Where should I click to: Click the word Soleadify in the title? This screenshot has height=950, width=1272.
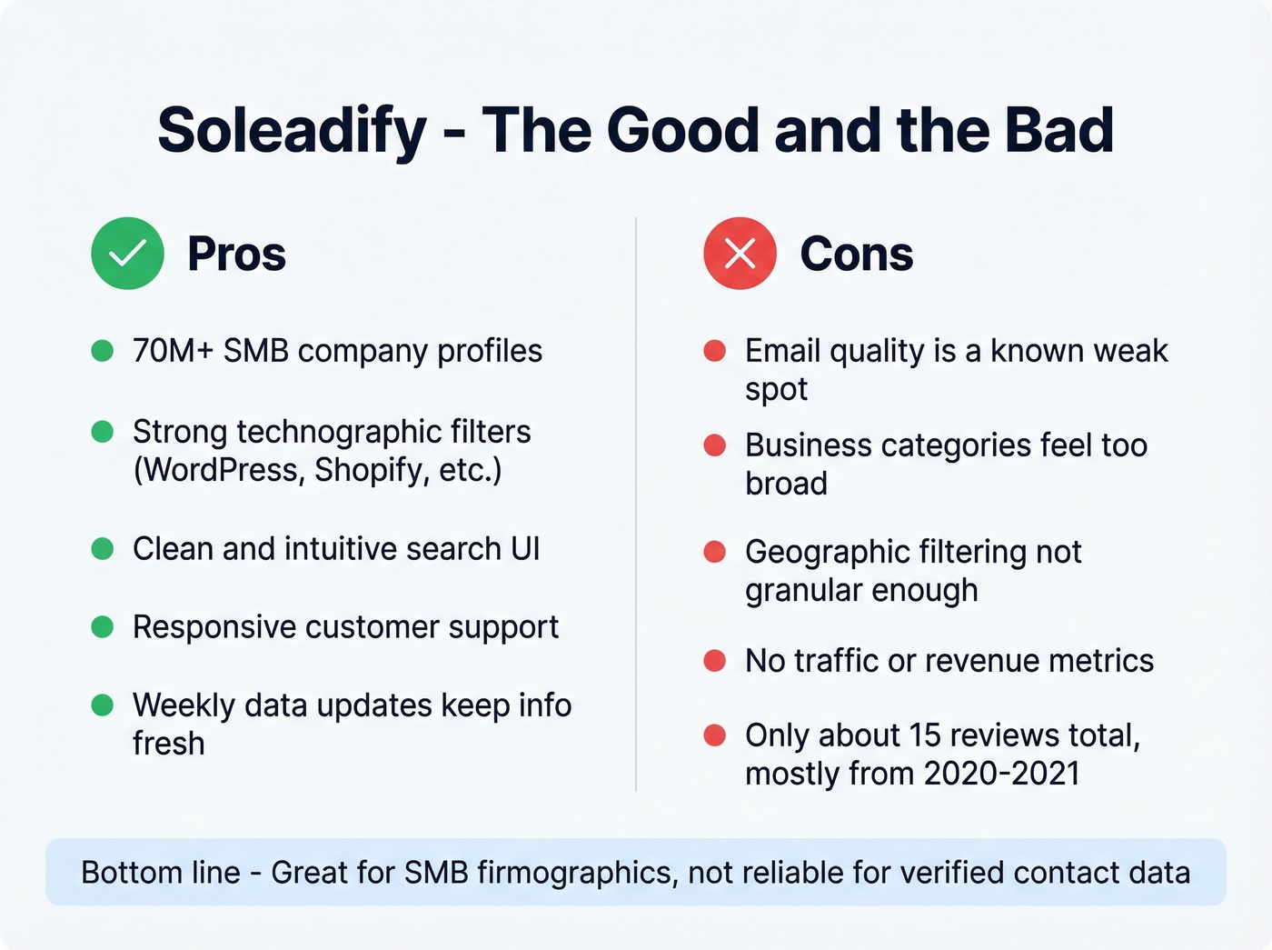coord(292,130)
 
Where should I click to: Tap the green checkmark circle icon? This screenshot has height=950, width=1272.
coord(127,254)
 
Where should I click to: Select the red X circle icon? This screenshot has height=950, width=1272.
coord(740,254)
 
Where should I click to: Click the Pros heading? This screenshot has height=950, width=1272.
coord(236,255)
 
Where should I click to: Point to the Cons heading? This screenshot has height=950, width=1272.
coord(856,255)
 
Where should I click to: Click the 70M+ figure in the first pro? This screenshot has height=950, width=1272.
coord(173,351)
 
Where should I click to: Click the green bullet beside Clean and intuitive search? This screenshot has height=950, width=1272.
coord(103,549)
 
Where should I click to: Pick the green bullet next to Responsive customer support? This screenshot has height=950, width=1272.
coord(103,627)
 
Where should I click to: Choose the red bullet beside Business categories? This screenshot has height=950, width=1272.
coord(715,445)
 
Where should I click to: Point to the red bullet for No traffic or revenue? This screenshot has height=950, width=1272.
coord(715,661)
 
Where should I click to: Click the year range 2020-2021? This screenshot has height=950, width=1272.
coord(1001,774)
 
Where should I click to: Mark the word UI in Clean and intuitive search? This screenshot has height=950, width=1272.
coord(525,549)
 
